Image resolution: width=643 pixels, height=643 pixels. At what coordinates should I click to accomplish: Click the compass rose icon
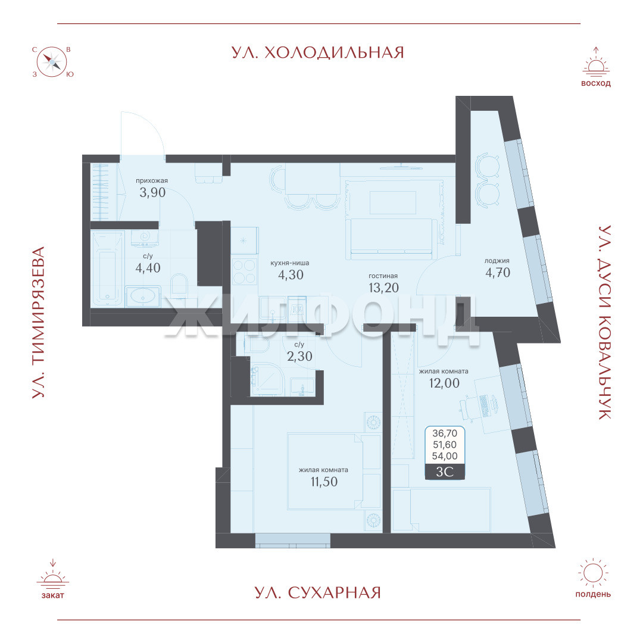(x=52, y=63)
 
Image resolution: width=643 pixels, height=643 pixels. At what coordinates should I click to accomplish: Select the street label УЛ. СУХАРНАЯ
(x=318, y=593)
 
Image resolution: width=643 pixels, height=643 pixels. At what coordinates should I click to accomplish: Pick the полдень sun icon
(x=592, y=573)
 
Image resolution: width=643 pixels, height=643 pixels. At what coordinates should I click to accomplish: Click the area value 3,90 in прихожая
(x=152, y=192)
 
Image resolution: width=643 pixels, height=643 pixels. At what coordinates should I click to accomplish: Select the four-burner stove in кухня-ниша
(x=244, y=271)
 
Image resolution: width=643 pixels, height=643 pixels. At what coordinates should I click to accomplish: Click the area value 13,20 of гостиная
(x=383, y=288)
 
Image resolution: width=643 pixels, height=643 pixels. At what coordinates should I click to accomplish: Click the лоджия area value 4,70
(x=497, y=272)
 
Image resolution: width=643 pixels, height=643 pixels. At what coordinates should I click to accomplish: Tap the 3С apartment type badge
(x=445, y=472)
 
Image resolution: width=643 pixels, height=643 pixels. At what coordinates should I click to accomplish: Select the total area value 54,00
(x=445, y=455)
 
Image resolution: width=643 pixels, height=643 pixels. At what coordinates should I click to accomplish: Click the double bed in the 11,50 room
(x=334, y=471)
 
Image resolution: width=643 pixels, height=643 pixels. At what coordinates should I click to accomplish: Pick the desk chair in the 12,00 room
(x=467, y=407)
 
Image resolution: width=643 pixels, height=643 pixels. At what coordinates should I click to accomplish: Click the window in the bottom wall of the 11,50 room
(x=292, y=541)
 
